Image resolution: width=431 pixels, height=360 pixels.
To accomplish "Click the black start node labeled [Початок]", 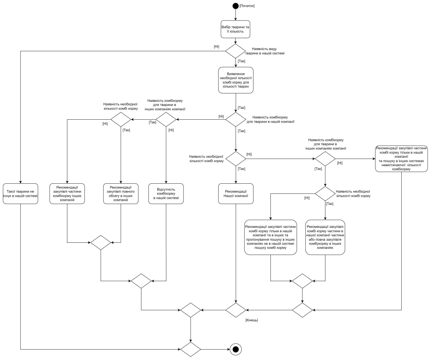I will click(235, 6).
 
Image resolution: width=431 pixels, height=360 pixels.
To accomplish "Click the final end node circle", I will click(236, 349).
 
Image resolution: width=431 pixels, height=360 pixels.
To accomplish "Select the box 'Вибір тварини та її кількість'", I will click(235, 29).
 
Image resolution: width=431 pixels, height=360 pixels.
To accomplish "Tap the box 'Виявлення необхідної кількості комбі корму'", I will click(235, 80).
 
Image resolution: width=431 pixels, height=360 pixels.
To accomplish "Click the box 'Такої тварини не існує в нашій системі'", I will click(20, 193).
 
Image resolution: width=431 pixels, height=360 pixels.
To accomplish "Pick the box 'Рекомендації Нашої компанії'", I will click(236, 193).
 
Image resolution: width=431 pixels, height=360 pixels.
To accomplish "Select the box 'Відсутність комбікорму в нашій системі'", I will click(166, 193).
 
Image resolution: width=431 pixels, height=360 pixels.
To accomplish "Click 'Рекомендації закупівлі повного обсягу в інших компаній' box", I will click(121, 193).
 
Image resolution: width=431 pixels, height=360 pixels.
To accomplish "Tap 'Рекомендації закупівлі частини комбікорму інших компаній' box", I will click(67, 193).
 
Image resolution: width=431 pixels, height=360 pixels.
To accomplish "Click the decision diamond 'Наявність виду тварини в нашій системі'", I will click(235, 51).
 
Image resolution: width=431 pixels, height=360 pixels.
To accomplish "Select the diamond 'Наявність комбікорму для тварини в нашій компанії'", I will click(236, 119).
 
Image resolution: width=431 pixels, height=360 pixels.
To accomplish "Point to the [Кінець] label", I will click(252, 320).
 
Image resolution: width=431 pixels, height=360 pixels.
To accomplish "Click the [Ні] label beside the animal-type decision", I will click(217, 47).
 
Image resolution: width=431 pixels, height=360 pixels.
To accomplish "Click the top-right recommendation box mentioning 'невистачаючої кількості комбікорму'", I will click(401, 158).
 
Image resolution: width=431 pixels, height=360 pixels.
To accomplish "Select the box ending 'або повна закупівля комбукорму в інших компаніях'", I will click(325, 237).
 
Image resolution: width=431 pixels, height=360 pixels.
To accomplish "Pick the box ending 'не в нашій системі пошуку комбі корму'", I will click(270, 237).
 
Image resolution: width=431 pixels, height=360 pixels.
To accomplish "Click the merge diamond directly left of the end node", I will click(191, 349).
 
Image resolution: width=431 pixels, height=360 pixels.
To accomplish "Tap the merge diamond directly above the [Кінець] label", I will click(236, 310).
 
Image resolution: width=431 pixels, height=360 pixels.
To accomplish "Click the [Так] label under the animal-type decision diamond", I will click(241, 61).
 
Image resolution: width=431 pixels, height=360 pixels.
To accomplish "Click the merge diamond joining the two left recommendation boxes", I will click(100, 242).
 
